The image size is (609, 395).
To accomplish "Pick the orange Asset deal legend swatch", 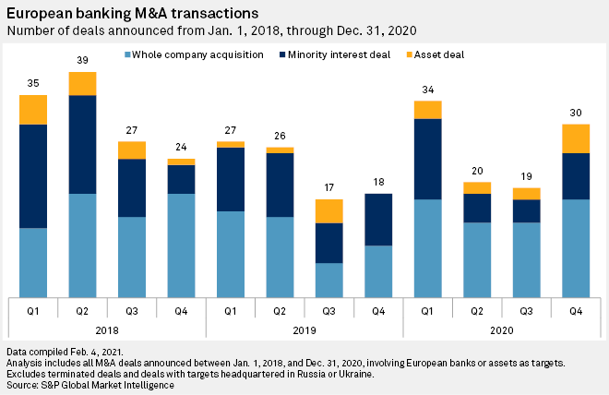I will coord(406,55).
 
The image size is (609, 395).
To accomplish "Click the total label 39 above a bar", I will coord(82,60).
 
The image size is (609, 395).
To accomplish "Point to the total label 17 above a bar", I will coord(328,188).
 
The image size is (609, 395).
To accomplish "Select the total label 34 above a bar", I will coord(427,90).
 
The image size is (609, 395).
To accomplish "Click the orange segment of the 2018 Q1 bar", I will coord(33,109).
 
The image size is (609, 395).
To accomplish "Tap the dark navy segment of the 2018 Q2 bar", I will coord(82,144).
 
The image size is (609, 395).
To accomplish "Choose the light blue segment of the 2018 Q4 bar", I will coord(181,245).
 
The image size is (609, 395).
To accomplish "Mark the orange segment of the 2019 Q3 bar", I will coord(328,210).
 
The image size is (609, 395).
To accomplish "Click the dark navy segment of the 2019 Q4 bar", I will coord(378,220).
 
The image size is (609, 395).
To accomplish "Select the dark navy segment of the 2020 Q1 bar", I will coord(427,159).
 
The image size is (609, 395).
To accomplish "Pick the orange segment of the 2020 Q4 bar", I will coord(576,138).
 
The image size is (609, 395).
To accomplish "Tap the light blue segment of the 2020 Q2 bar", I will coord(477,259).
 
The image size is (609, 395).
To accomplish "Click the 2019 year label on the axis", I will coord(304,329).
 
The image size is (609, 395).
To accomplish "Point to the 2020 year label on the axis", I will coord(502,329).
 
